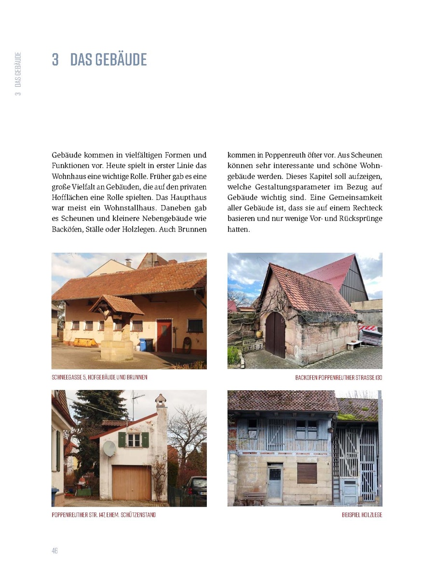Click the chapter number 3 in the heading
point(55,59)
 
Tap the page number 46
point(54,551)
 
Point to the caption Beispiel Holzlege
point(362,515)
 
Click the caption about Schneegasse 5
point(99,377)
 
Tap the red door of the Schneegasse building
point(164,335)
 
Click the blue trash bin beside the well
point(143,345)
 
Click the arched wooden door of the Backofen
point(275,334)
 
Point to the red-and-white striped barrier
point(368,329)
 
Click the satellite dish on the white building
point(109,448)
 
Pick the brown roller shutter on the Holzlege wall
point(307,473)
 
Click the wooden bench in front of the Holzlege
point(255,497)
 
